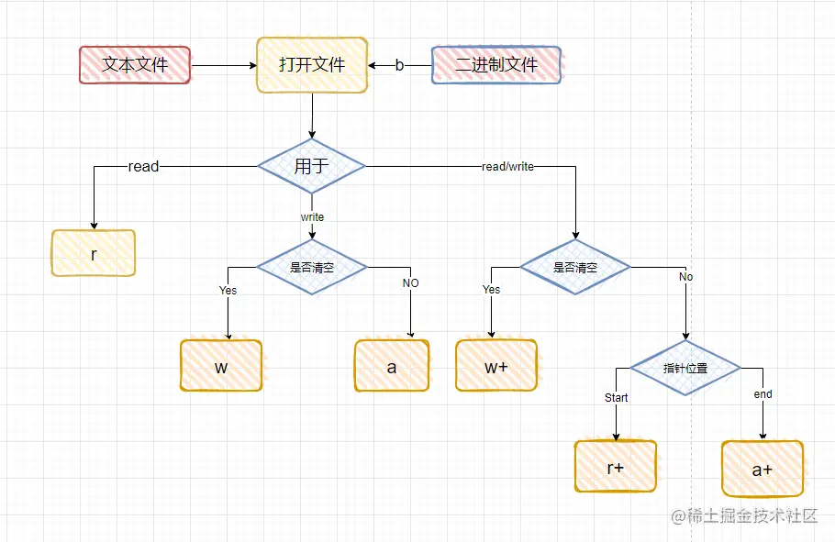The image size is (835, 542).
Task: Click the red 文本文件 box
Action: point(135,65)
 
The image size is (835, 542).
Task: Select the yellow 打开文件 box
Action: point(312,65)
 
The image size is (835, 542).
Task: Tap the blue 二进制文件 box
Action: point(496,65)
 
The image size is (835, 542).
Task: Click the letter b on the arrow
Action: point(399,65)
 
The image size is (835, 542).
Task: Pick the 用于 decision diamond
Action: point(312,166)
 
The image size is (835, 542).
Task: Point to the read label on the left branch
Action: point(143,166)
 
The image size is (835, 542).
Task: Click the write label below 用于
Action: point(312,217)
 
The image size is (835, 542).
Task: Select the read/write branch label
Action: point(507,167)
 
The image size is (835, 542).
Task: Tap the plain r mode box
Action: point(94,253)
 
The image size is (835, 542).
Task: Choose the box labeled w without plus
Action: point(221,366)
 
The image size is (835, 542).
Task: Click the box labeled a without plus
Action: point(392,366)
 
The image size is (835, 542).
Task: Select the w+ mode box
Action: point(496,366)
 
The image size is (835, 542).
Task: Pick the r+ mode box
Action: point(616,466)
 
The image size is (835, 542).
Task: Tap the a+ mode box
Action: point(763,469)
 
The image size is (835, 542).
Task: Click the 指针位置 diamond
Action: point(685,368)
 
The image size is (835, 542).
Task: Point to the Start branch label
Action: point(617,398)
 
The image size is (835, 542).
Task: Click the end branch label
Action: point(763,394)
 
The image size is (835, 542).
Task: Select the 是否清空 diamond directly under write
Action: point(312,267)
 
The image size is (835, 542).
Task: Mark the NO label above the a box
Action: point(410,283)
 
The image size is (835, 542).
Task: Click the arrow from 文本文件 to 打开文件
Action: point(224,65)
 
